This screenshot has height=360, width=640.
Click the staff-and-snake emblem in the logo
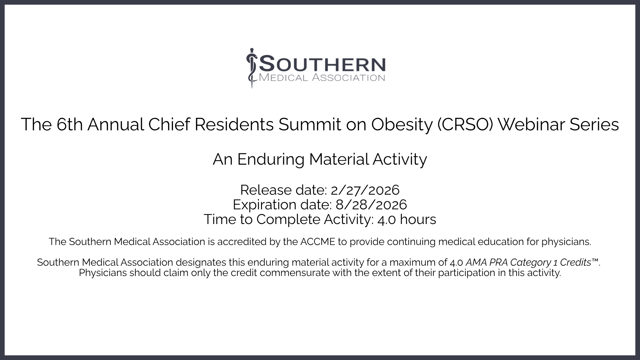pos(252,68)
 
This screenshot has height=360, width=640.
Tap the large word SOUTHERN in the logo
pos(322,64)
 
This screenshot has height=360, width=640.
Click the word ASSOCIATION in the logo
pos(349,78)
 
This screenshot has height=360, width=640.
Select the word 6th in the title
pos(70,124)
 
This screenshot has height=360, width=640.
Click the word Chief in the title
pos(169,124)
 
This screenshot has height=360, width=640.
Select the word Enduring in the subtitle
pos(271,160)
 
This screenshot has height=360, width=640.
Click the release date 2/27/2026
pos(365,190)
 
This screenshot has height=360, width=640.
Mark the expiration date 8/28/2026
pos(371,205)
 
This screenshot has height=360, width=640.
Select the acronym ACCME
pos(318,242)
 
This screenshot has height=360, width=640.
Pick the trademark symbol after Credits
pos(595,260)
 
